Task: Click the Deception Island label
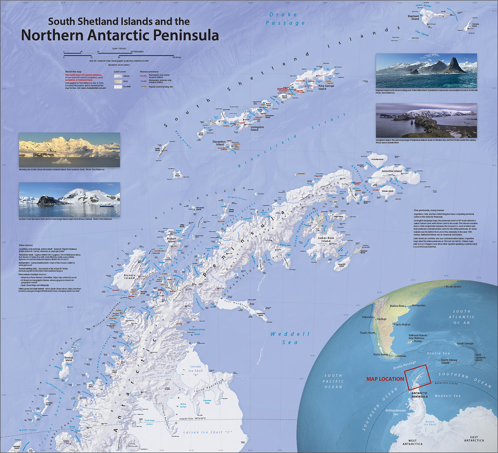219,143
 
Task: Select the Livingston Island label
254,128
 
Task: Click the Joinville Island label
392,171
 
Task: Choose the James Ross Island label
326,240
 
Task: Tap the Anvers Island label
129,276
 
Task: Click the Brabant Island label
171,240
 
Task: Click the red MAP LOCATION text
385,379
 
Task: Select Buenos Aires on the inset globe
397,306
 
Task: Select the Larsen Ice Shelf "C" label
207,432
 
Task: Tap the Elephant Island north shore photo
426,70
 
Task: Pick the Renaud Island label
68,359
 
